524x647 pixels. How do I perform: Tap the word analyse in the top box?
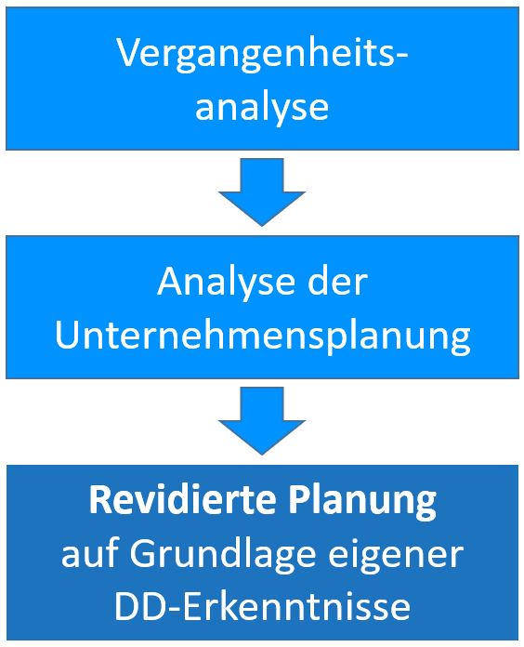(262, 107)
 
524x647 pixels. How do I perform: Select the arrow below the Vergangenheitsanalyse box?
(262, 191)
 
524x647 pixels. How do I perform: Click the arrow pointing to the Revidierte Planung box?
(262, 421)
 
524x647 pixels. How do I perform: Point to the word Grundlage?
(223, 556)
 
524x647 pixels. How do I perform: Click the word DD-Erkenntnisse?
(262, 605)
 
